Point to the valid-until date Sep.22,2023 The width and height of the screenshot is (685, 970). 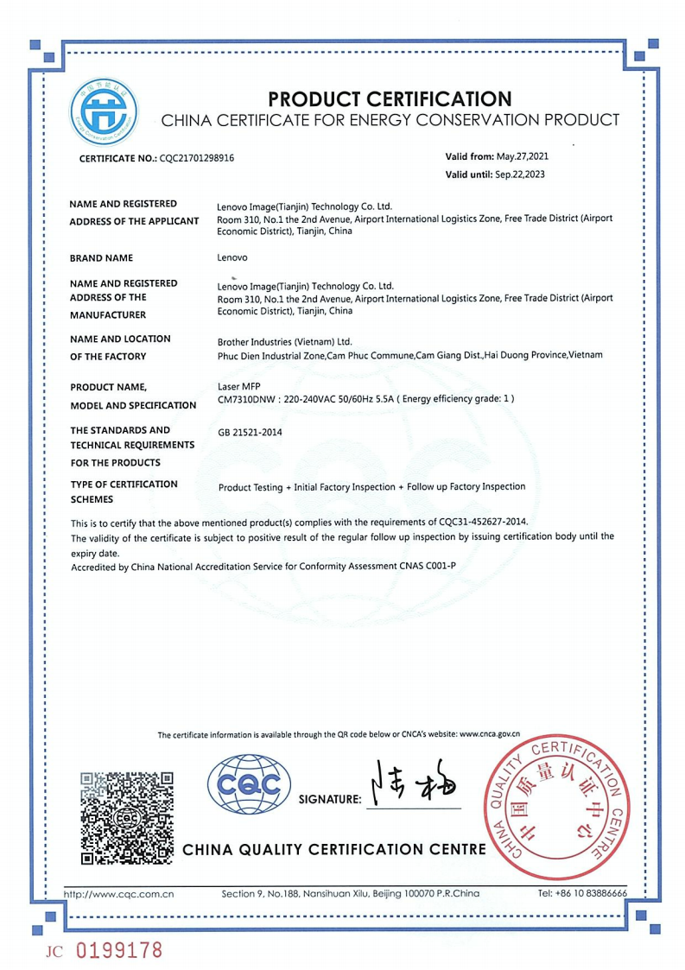tap(519, 174)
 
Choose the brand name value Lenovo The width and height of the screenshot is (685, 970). tap(233, 257)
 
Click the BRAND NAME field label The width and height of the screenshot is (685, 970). tap(101, 257)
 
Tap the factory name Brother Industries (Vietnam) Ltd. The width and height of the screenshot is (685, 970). tap(285, 340)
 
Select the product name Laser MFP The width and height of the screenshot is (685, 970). tap(238, 386)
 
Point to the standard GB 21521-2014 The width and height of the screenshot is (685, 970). tap(250, 432)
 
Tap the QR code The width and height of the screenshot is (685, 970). tap(127, 816)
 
